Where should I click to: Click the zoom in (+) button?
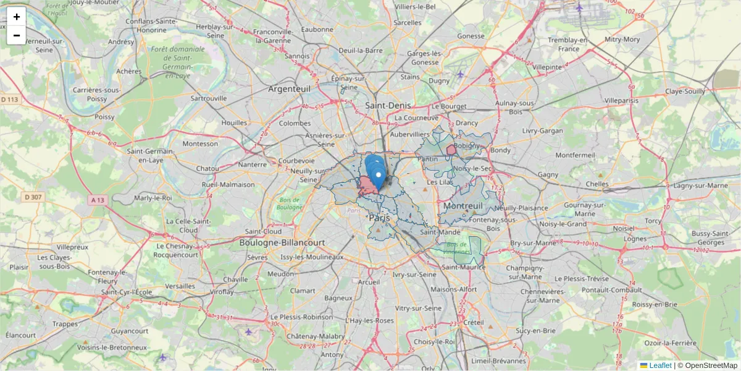[17, 17]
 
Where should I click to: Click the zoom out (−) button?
[17, 35]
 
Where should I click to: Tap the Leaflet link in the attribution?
[660, 365]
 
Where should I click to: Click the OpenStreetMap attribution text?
[711, 365]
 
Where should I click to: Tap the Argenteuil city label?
[289, 89]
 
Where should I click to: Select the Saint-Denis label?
[388, 106]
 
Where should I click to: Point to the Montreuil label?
[463, 205]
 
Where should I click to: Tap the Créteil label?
[474, 322]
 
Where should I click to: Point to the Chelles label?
[597, 184]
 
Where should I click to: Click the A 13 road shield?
[98, 200]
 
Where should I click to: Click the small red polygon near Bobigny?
[451, 150]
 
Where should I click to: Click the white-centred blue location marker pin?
[379, 176]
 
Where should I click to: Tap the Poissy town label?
[105, 116]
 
